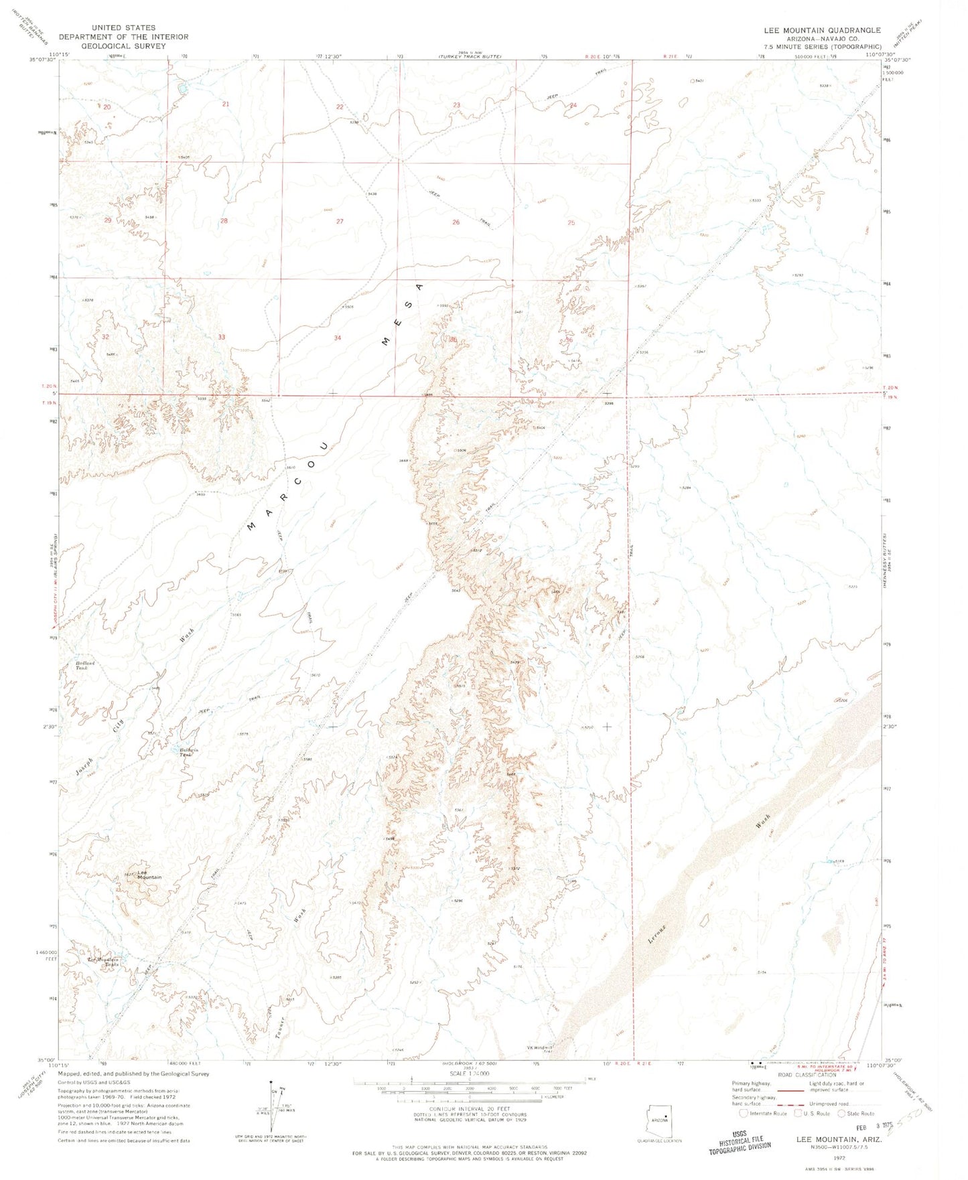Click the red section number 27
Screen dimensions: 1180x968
[x=340, y=221]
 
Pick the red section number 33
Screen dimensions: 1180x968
[x=221, y=337]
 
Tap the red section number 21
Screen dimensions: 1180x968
[x=226, y=104]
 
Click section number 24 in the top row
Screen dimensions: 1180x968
[x=573, y=105]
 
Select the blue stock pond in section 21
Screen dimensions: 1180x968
[x=182, y=88]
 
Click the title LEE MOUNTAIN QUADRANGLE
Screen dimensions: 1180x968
[x=822, y=30]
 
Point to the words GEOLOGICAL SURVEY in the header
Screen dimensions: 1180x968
[x=123, y=46]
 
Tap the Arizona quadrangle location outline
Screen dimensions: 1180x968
[x=659, y=1119]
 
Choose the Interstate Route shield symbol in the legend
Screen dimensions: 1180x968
[x=744, y=1114]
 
